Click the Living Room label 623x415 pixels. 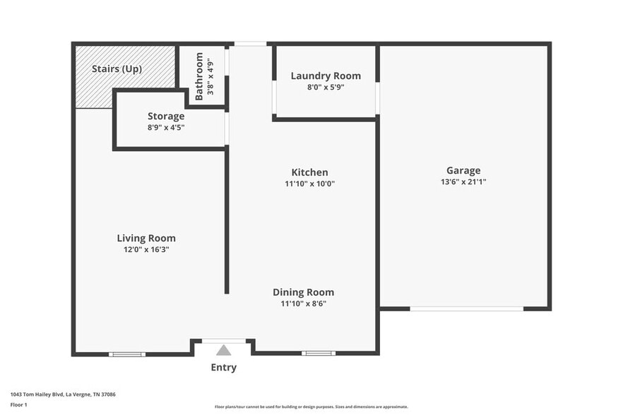(146, 238)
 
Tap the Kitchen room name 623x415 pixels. (309, 172)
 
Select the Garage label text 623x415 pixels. (463, 170)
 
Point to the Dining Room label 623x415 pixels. (304, 292)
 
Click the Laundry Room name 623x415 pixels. (326, 76)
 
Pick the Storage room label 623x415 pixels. (166, 116)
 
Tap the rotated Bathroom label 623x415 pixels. (199, 76)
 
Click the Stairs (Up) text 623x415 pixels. (117, 69)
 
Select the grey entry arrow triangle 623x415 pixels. (223, 350)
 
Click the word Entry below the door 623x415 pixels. (223, 367)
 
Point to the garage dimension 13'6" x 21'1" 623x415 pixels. (463, 182)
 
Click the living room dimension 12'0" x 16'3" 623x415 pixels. (146, 249)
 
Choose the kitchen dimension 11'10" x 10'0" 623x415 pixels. (309, 184)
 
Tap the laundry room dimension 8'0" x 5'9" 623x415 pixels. (326, 88)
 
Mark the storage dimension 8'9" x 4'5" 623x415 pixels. (166, 128)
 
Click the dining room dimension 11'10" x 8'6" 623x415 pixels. (304, 303)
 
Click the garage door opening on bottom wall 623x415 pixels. (467, 308)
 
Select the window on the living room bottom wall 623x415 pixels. (127, 354)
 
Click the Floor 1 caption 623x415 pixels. (18, 404)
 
